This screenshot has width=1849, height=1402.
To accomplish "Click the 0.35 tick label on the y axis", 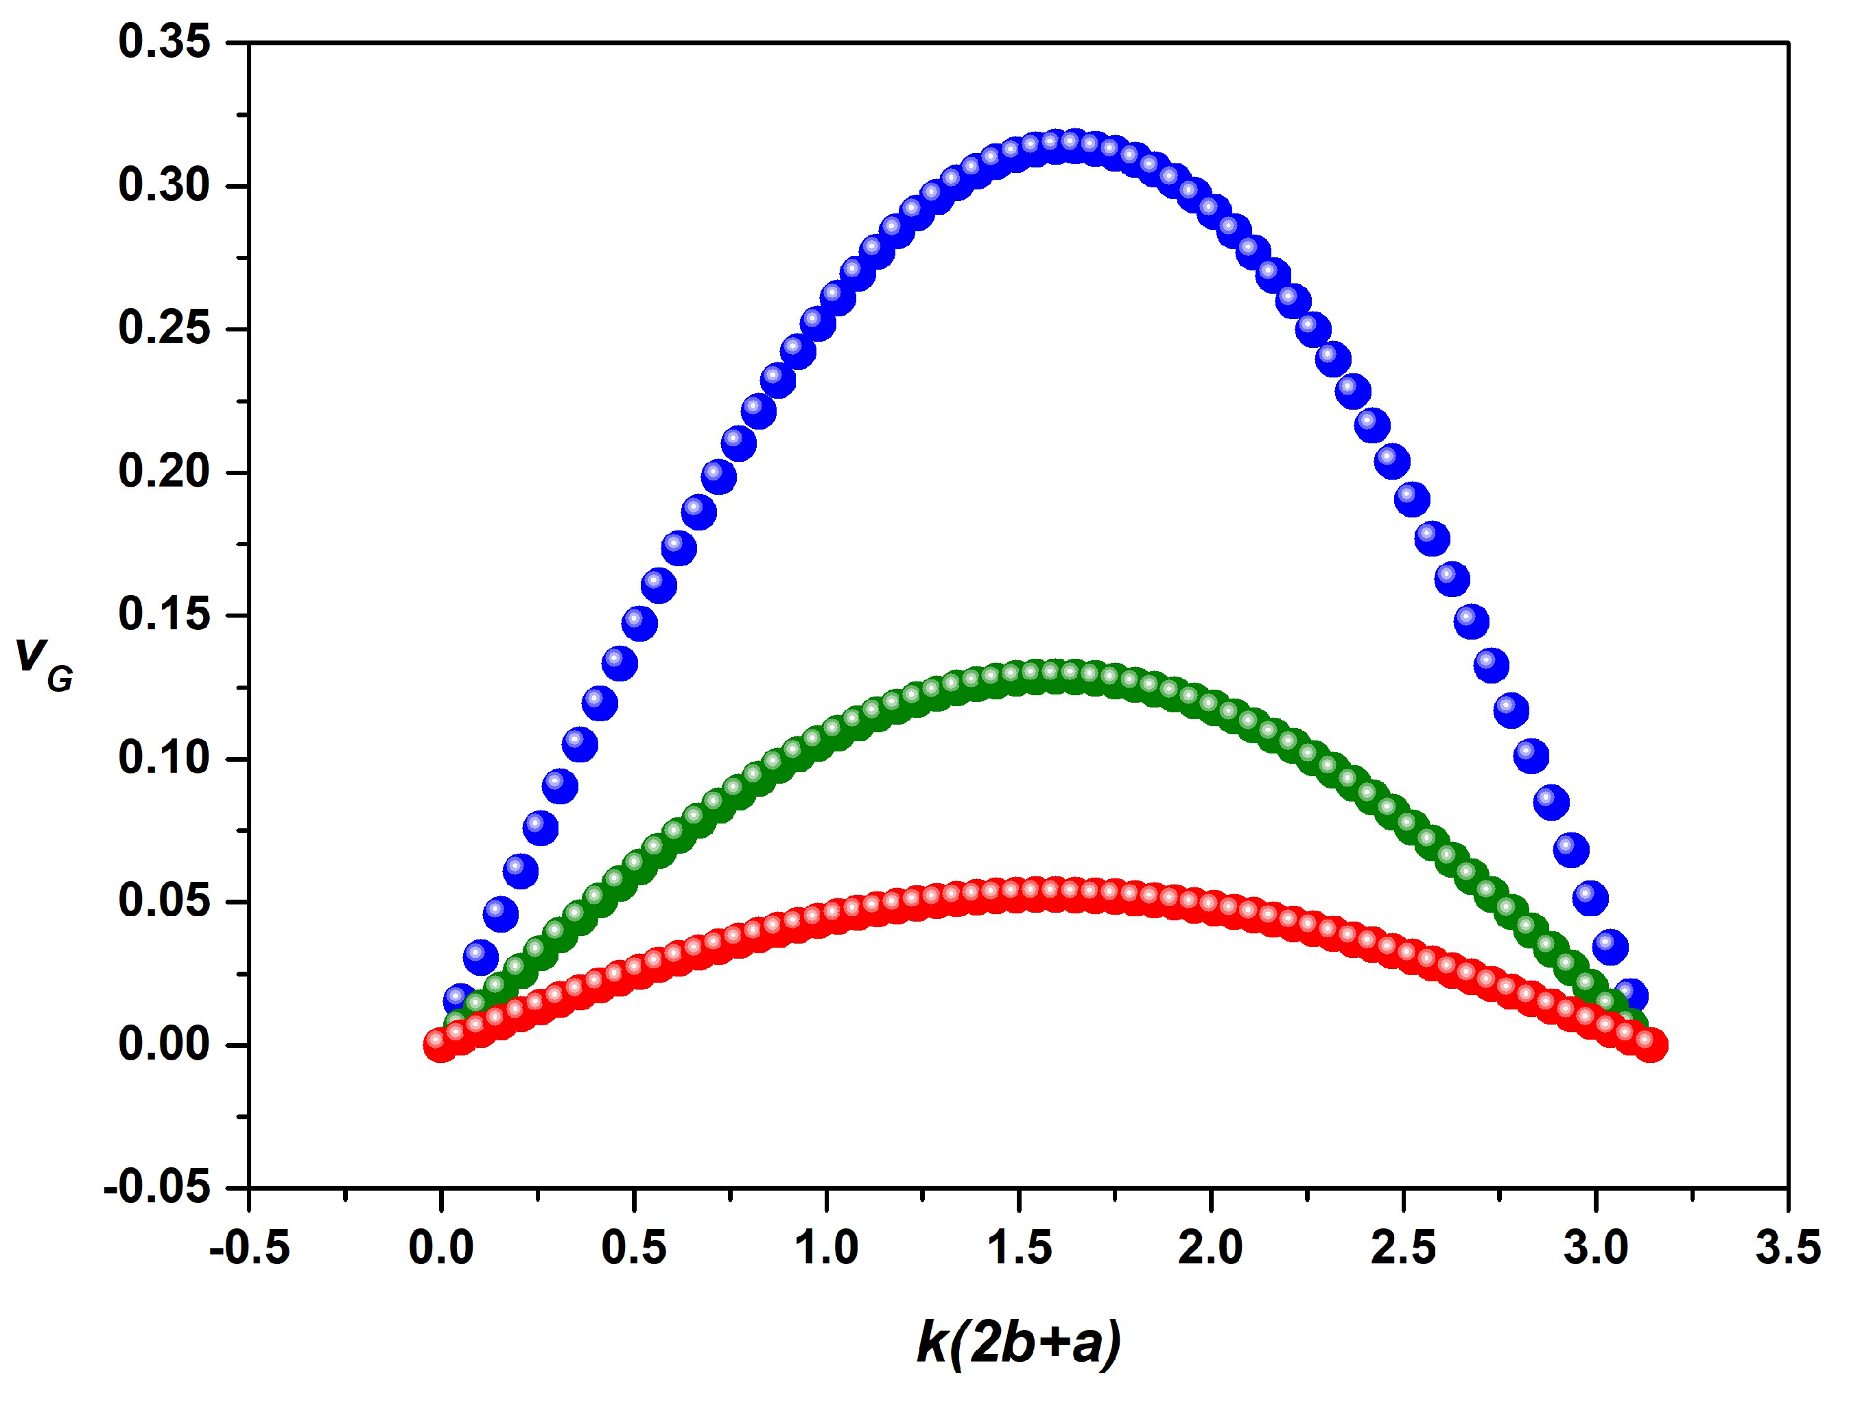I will (164, 42).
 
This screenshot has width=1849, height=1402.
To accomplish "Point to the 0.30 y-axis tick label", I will (164, 185).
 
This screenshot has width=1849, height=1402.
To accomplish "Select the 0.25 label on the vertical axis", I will (164, 328).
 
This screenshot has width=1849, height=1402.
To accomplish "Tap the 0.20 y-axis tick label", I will (164, 471).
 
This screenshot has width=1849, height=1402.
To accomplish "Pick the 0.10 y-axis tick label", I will (164, 758).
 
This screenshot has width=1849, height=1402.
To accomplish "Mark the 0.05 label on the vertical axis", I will (164, 901).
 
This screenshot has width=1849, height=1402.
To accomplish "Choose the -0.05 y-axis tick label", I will (157, 1187).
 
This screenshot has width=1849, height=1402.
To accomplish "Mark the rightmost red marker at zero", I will (1650, 1045).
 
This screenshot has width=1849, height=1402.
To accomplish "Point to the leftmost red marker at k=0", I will (440, 1045).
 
